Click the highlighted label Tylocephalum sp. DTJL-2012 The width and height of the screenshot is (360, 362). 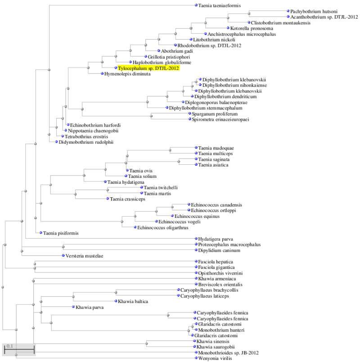148,68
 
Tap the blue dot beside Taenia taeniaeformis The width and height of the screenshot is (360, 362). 196,5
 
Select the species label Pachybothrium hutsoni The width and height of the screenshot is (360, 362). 314,11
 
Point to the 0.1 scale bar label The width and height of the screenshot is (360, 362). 10,346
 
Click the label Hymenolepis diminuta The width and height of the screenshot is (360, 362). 127,74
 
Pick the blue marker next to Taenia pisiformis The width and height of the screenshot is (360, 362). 41,233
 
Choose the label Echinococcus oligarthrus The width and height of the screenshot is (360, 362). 163,228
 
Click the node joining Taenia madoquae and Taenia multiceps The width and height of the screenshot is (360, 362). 170,150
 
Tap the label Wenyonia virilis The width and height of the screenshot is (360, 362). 215,358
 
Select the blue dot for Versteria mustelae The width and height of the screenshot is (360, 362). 63,256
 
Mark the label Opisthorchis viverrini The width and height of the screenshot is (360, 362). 220,273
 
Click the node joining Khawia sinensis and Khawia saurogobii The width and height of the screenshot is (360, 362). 147,344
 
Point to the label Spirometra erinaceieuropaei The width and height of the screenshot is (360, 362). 220,119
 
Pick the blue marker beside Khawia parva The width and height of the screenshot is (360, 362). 73,307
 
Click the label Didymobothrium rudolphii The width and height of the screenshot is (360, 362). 86,142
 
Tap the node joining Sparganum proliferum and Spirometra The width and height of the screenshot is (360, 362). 151,116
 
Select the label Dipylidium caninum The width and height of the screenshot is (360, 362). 219,250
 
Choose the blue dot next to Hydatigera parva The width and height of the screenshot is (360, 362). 196,239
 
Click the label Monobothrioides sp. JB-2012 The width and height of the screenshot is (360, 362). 228,353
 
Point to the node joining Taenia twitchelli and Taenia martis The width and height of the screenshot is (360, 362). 108,190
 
